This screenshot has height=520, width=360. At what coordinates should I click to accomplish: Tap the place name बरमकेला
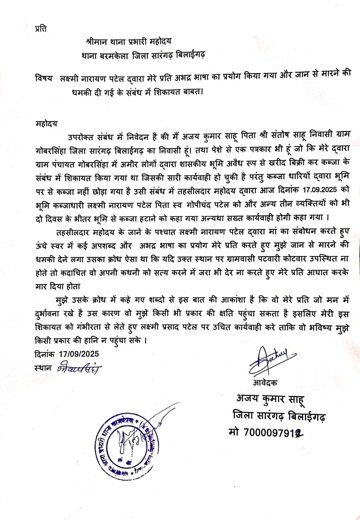(x=113, y=55)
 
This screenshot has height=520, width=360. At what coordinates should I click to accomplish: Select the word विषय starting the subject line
(x=44, y=78)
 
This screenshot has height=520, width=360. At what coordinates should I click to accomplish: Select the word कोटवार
(x=298, y=259)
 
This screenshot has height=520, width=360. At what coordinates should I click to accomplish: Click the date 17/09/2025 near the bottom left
(x=79, y=354)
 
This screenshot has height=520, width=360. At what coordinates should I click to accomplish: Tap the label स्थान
(x=43, y=368)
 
